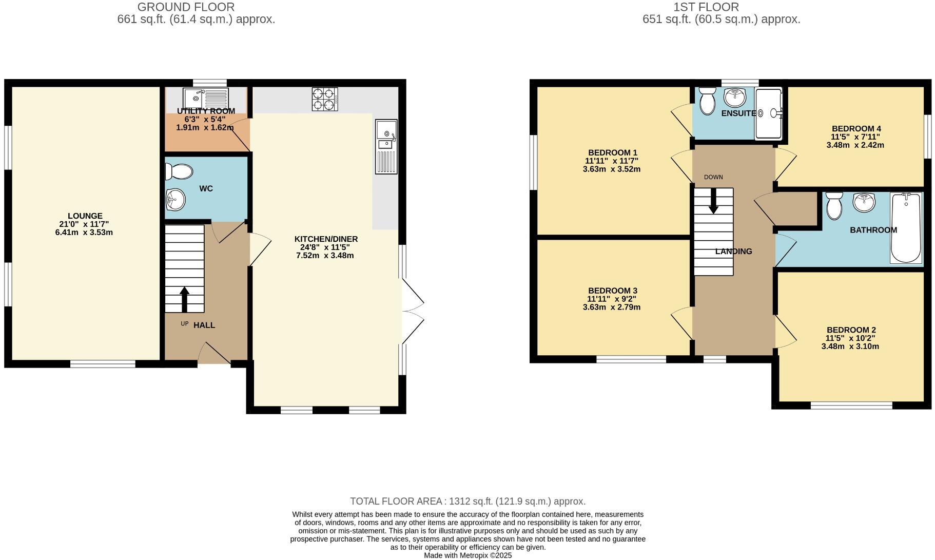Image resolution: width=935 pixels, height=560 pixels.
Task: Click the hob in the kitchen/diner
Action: (325, 99)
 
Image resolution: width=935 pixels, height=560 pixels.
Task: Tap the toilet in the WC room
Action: (179, 171)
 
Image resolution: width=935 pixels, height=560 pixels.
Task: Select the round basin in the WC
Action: (176, 199)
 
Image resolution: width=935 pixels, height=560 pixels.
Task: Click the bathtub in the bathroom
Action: (906, 228)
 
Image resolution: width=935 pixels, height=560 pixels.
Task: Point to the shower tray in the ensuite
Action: (768, 113)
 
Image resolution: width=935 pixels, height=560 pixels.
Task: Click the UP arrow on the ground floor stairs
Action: (184, 299)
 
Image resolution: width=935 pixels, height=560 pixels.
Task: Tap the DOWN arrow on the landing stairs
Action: (713, 201)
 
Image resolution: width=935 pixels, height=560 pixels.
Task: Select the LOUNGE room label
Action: (85, 216)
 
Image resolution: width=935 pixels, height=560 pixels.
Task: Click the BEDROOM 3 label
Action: (612, 291)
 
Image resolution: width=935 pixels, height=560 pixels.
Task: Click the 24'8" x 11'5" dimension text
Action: (325, 247)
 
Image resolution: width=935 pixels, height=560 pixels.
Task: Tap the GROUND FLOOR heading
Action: (186, 7)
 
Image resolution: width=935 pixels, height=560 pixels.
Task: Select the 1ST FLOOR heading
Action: (706, 7)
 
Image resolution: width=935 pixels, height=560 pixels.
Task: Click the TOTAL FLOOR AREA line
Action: (467, 501)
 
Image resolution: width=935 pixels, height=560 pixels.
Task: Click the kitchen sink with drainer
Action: (386, 146)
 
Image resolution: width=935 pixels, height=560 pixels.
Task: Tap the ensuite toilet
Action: (708, 101)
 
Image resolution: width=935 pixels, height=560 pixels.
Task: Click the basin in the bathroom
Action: (864, 202)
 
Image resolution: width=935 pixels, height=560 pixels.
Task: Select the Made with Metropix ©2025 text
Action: (467, 555)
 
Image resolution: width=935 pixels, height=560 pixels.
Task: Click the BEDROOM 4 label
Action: (856, 129)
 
